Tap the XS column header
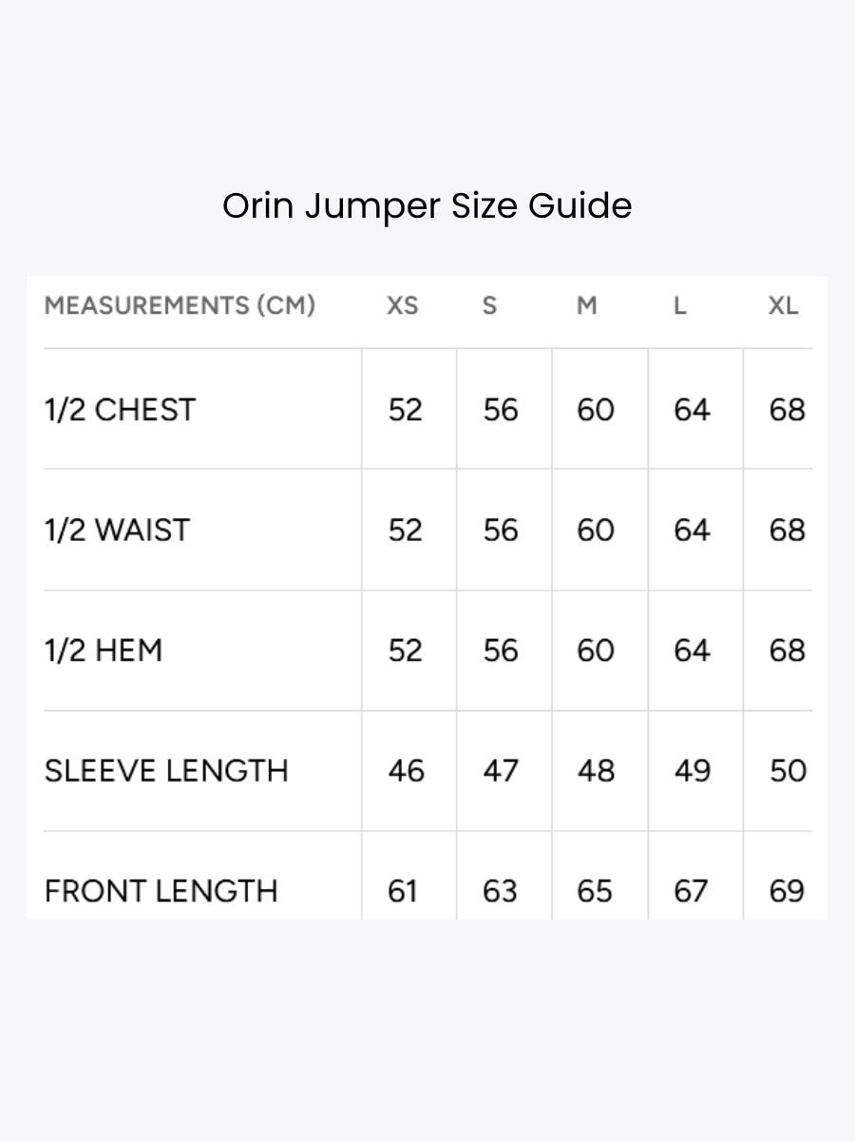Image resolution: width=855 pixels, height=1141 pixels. click(402, 305)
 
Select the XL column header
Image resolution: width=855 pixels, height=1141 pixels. click(783, 305)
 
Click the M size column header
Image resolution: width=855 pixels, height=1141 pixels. click(586, 305)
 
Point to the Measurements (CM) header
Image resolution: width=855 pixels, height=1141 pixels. click(180, 305)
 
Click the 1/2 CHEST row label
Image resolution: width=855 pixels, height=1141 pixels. click(120, 410)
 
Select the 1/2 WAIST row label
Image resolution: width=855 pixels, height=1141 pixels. click(117, 531)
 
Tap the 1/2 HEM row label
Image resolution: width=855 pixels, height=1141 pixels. click(104, 650)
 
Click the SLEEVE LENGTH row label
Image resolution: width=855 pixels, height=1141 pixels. click(166, 770)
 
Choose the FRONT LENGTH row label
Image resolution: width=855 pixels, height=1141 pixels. click(161, 891)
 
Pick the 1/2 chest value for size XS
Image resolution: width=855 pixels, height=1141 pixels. click(406, 410)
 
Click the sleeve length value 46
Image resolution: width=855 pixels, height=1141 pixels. click(406, 770)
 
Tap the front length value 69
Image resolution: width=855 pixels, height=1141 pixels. click(787, 891)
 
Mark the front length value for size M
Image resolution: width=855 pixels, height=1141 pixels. click(595, 891)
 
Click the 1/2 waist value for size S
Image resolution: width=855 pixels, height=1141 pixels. click(501, 531)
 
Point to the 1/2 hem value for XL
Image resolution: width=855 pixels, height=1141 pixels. click(788, 650)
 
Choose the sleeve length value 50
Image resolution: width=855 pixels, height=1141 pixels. click(788, 770)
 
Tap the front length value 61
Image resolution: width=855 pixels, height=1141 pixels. click(402, 891)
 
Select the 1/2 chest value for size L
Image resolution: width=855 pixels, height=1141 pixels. click(692, 410)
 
